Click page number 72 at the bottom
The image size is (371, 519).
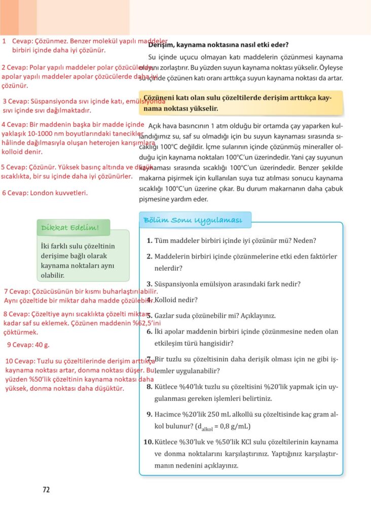coord(46,490)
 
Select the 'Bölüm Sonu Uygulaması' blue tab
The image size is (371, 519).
coord(193,220)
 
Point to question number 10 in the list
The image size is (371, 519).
coord(148,442)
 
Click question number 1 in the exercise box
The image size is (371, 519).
coord(150,240)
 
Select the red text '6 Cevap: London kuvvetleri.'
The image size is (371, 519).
coord(45,193)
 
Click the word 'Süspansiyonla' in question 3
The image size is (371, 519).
coord(178,284)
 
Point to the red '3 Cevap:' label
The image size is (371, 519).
coord(16,101)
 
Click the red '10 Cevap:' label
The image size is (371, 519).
coord(20,361)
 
